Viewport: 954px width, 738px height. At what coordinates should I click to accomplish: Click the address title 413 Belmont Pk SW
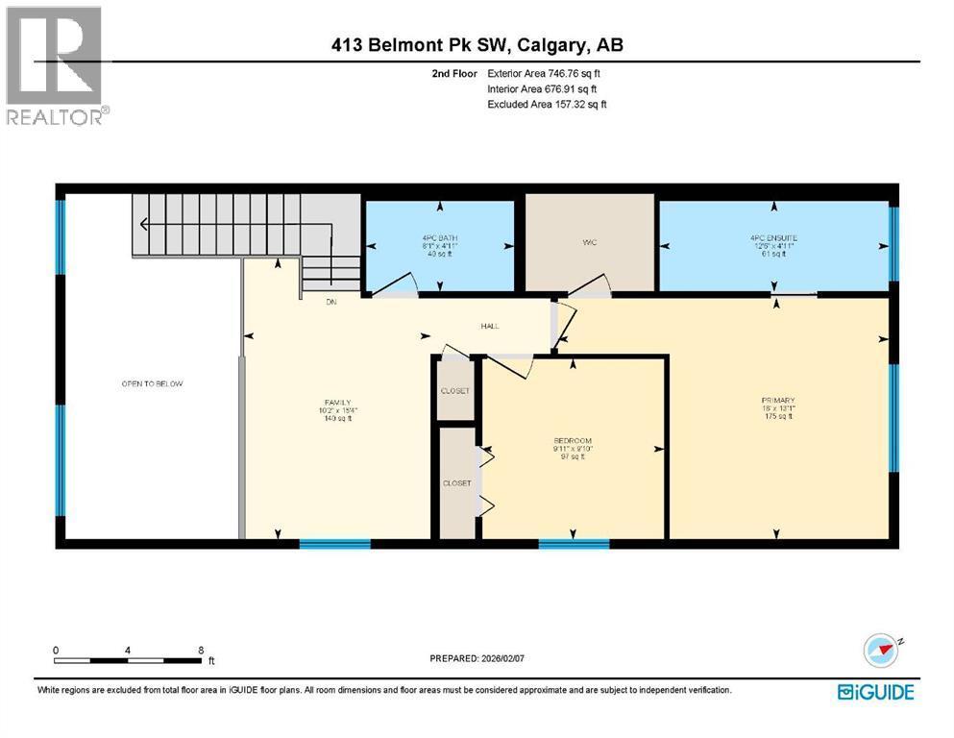pos(477,45)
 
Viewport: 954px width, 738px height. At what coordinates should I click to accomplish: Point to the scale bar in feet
pos(130,660)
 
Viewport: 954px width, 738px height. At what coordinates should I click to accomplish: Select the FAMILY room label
pos(336,403)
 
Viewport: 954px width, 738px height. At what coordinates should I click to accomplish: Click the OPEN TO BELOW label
pos(152,383)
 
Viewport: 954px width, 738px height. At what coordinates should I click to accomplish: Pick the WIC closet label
pos(589,242)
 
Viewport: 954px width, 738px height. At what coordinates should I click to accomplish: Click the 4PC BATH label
pos(440,237)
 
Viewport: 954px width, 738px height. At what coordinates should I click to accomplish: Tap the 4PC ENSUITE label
pos(773,237)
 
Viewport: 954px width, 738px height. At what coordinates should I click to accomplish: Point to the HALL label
pos(490,326)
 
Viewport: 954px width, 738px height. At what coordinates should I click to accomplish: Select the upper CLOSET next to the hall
pos(455,390)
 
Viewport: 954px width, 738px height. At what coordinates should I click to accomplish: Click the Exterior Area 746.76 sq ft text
pos(548,73)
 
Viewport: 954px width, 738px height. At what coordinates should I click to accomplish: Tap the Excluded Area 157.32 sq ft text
pos(548,104)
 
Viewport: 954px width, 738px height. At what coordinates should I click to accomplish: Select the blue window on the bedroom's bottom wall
pos(574,545)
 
